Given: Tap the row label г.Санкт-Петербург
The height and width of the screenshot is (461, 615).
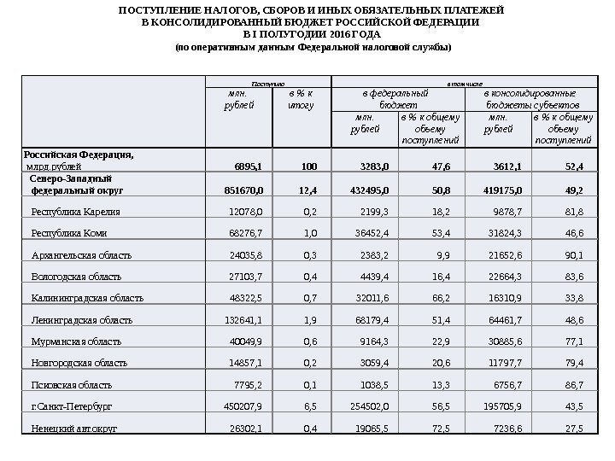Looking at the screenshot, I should pos(72,406).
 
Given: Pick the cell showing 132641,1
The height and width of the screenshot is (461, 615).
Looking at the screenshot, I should pos(244,320).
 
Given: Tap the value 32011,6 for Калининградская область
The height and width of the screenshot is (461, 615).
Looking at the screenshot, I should pos(369,298).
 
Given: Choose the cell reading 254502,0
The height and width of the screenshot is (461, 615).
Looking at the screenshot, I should pos(367,406).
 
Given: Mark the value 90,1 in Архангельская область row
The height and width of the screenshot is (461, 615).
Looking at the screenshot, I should pos(569,254).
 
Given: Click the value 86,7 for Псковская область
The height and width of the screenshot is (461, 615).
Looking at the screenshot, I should pos(569,385).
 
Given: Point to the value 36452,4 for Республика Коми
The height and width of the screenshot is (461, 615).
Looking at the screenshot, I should pos(369,232).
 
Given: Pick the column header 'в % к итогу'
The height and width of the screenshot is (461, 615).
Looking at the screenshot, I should pos(300,98).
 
